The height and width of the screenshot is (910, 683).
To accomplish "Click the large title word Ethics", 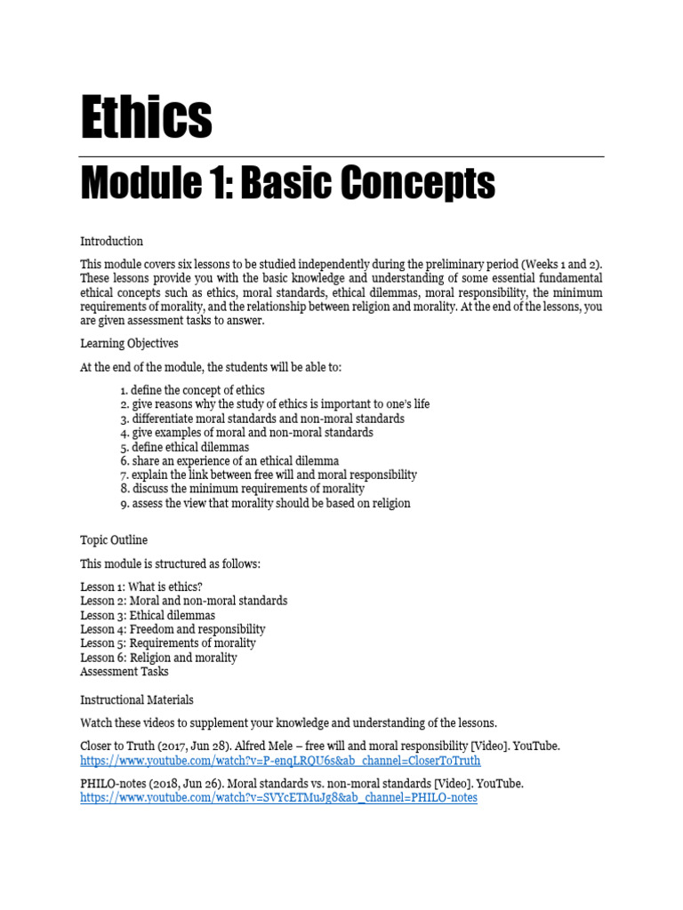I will (147, 118).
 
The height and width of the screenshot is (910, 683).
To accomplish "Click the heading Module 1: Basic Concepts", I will (288, 185).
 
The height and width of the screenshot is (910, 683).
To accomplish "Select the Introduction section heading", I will (111, 241).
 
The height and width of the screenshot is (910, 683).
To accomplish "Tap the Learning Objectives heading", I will (130, 342).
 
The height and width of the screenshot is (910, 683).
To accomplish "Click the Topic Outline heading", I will (114, 539).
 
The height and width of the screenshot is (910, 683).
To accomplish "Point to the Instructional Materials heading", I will (137, 699).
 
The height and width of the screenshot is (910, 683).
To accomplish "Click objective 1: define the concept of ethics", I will (192, 390).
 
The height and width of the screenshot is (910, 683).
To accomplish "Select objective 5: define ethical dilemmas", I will (184, 447).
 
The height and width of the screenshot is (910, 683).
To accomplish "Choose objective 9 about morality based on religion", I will (265, 503).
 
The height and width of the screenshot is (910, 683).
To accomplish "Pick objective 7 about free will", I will (269, 475).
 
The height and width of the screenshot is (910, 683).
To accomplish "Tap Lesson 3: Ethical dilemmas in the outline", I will (148, 615).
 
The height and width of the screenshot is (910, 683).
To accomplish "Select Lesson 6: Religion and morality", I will (158, 658).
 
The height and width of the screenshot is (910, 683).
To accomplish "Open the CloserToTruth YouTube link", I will (280, 761).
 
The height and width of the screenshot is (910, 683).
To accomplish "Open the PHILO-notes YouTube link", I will (278, 798).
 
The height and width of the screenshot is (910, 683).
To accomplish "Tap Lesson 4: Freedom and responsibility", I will (173, 629).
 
